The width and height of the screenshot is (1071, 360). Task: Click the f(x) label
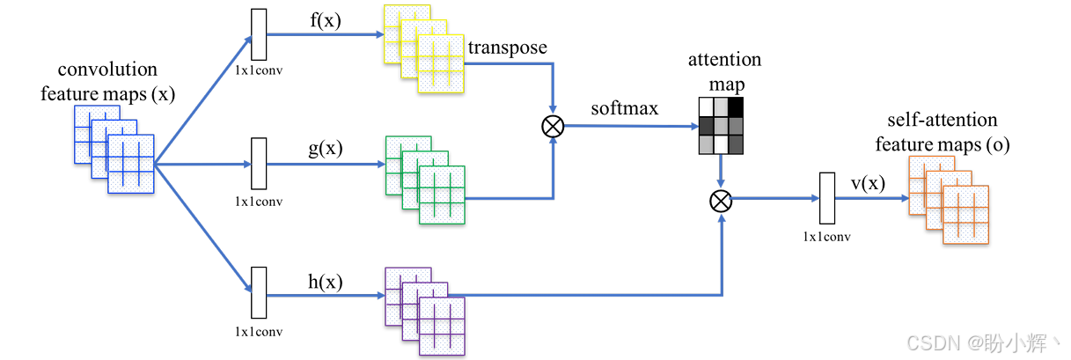(325, 20)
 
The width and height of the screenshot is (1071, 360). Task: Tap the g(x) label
(325, 148)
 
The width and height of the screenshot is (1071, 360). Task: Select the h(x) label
(325, 282)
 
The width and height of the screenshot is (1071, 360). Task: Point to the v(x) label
(868, 182)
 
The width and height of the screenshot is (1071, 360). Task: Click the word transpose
(508, 47)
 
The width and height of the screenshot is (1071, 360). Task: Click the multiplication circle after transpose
(553, 126)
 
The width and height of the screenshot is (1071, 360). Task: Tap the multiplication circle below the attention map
(721, 202)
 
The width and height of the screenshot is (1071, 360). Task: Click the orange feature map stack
(950, 200)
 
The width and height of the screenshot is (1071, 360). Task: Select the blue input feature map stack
(114, 149)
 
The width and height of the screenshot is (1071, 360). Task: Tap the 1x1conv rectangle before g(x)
(259, 164)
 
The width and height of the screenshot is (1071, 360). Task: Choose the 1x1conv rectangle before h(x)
(259, 293)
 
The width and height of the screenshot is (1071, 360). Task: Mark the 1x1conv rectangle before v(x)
(826, 199)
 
